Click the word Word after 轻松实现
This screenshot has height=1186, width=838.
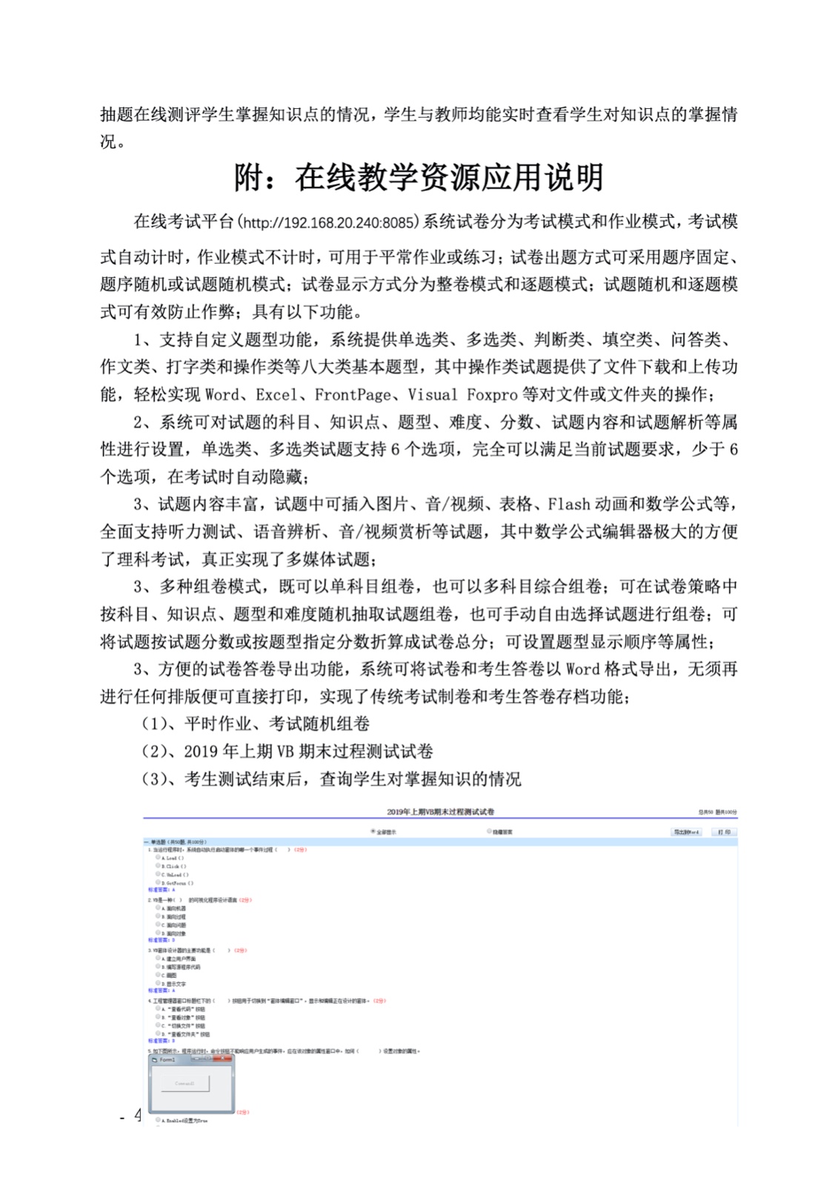click(222, 394)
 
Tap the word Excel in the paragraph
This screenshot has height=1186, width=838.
click(277, 394)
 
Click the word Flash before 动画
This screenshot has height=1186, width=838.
click(569, 505)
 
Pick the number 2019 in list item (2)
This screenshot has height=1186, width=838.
click(201, 752)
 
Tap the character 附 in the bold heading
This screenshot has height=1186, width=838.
click(250, 178)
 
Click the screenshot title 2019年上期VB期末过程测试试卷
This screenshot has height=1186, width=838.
click(440, 812)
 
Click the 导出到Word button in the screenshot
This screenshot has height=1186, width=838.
click(686, 832)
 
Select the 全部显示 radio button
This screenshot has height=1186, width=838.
click(373, 832)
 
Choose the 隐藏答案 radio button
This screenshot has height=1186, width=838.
click(489, 832)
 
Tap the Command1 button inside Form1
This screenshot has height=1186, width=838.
click(184, 1084)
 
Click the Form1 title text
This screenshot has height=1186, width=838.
click(167, 1060)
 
